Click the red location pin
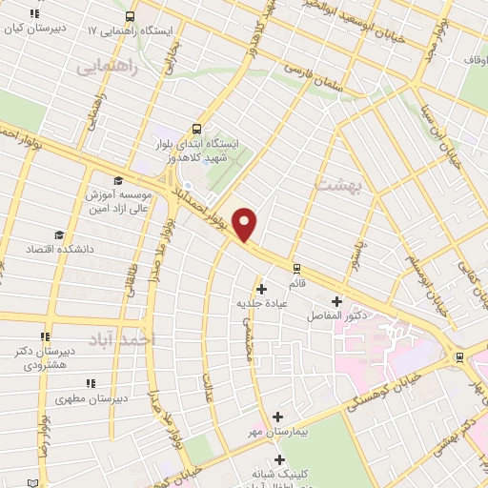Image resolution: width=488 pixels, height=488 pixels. [246, 224]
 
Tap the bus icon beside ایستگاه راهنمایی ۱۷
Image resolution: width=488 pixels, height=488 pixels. [130, 16]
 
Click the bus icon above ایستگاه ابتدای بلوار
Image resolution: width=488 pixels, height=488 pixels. [197, 128]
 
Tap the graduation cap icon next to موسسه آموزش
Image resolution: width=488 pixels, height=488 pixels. [117, 181]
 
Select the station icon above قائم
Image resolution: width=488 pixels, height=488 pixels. [296, 268]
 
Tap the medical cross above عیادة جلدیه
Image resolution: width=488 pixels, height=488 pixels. [261, 288]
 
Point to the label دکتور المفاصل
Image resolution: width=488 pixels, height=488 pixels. [337, 315]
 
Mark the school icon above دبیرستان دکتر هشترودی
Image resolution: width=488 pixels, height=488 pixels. [45, 336]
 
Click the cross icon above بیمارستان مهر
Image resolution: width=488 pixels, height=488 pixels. [277, 417]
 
